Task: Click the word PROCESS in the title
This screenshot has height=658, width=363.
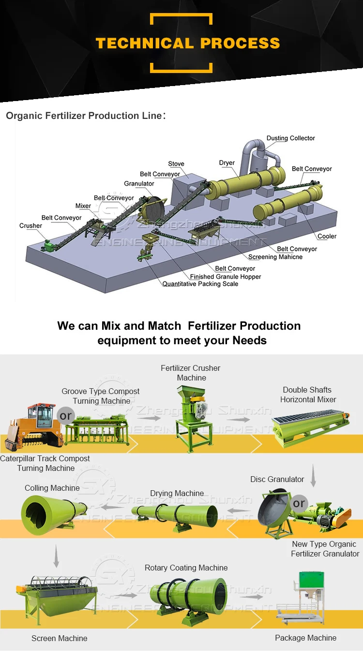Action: (240, 43)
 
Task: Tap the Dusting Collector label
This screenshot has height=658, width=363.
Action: (290, 138)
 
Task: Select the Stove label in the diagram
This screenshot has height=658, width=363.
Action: (176, 164)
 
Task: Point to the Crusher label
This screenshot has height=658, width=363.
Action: (30, 226)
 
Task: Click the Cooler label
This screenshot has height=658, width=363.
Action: (327, 236)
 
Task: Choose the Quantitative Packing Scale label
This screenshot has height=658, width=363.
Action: (200, 284)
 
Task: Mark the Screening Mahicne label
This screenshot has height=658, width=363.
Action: (275, 257)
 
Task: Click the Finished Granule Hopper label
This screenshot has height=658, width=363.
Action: (226, 277)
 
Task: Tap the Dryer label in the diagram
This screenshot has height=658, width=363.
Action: (227, 163)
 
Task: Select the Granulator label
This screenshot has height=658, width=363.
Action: (139, 184)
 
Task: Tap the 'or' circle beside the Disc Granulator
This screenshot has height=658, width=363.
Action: (299, 503)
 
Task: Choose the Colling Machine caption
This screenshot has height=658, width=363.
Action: (52, 488)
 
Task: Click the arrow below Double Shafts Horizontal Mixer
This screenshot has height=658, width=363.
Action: (313, 476)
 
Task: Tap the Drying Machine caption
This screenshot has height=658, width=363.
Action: (177, 494)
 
